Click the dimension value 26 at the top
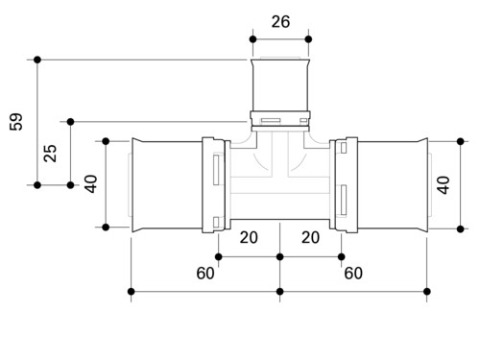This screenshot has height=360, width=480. (280, 22)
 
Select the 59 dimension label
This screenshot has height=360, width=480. (16, 122)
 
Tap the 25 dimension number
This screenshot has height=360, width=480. (50, 154)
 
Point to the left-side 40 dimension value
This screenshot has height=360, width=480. (91, 184)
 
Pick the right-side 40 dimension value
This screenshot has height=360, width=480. (444, 185)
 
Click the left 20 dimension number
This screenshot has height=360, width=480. (249, 237)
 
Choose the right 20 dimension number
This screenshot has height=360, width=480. (310, 237)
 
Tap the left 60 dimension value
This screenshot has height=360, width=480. (205, 273)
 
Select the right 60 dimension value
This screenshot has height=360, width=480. (353, 273)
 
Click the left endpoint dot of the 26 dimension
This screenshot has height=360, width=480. (252, 39)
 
